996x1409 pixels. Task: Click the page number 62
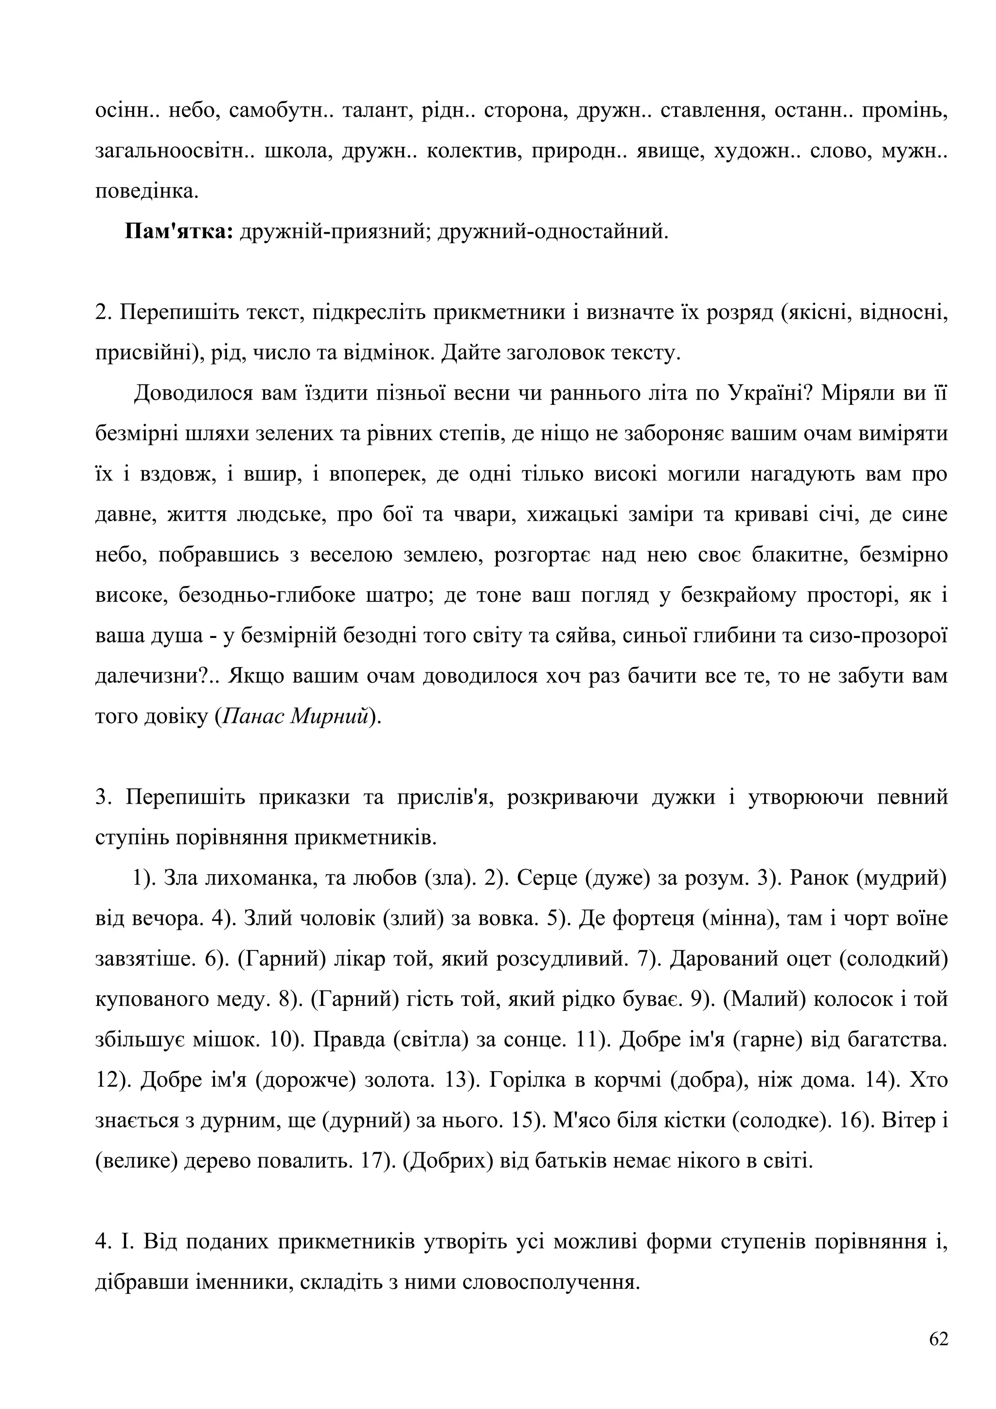point(938,1339)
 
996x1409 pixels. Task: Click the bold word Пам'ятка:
point(178,231)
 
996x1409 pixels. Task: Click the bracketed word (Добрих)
point(448,1162)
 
